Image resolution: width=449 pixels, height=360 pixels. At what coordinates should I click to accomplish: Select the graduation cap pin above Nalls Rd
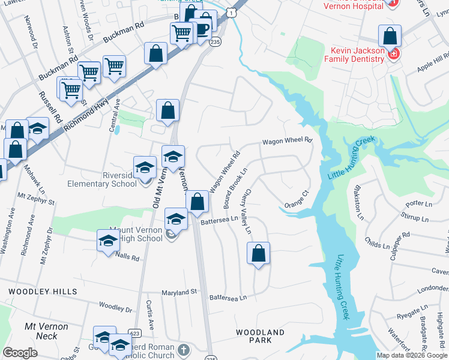(x=108, y=241)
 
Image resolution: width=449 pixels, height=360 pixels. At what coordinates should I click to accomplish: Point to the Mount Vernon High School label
(x=136, y=234)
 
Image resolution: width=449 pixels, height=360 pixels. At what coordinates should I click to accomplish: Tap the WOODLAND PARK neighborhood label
(x=260, y=336)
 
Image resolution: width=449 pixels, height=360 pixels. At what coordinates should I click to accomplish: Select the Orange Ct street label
(x=296, y=198)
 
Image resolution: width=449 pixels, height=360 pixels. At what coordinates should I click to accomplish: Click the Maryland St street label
(x=179, y=292)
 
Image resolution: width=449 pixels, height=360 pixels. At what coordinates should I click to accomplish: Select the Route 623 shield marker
(x=134, y=333)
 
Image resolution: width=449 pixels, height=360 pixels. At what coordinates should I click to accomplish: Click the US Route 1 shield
(x=231, y=12)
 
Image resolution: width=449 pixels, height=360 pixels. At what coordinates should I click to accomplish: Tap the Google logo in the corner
(x=20, y=353)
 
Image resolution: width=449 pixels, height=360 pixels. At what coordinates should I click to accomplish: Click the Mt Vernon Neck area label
(x=46, y=331)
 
